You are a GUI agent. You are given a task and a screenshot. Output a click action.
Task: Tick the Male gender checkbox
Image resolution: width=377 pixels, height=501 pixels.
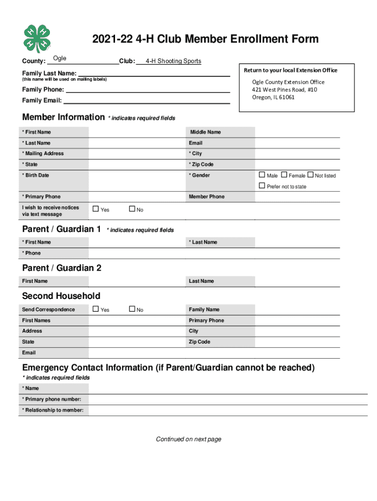(x=262, y=175)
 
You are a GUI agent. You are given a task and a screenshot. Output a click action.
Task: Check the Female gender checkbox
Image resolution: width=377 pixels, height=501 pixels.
(x=284, y=175)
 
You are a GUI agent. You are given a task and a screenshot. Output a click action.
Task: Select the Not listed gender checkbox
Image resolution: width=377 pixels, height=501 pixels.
(x=310, y=175)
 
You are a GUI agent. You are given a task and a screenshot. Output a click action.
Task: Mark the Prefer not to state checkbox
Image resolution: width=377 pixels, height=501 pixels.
(x=262, y=186)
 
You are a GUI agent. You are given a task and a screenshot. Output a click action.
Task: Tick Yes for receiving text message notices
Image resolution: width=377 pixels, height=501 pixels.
(x=96, y=209)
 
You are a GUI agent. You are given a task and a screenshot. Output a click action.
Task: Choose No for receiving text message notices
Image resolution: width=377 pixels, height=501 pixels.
(x=132, y=209)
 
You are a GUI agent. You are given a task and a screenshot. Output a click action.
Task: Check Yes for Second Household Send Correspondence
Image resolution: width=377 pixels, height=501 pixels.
(x=96, y=309)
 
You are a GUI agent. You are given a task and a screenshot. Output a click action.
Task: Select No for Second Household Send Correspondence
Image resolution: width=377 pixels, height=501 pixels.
(x=132, y=309)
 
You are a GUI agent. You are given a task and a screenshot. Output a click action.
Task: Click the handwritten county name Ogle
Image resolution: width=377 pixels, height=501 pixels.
(x=60, y=59)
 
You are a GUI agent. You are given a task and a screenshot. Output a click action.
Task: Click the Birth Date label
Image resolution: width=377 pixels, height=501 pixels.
(x=36, y=175)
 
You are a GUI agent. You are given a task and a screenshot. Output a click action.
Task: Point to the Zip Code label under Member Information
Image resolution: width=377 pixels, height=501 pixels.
(x=201, y=164)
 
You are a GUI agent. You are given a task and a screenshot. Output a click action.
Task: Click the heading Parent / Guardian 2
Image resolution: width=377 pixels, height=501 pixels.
(x=62, y=268)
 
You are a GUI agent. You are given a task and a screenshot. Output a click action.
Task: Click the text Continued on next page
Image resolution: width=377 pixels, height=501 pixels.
(x=188, y=439)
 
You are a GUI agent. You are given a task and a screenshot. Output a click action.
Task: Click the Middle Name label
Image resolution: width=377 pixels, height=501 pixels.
(x=206, y=132)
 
